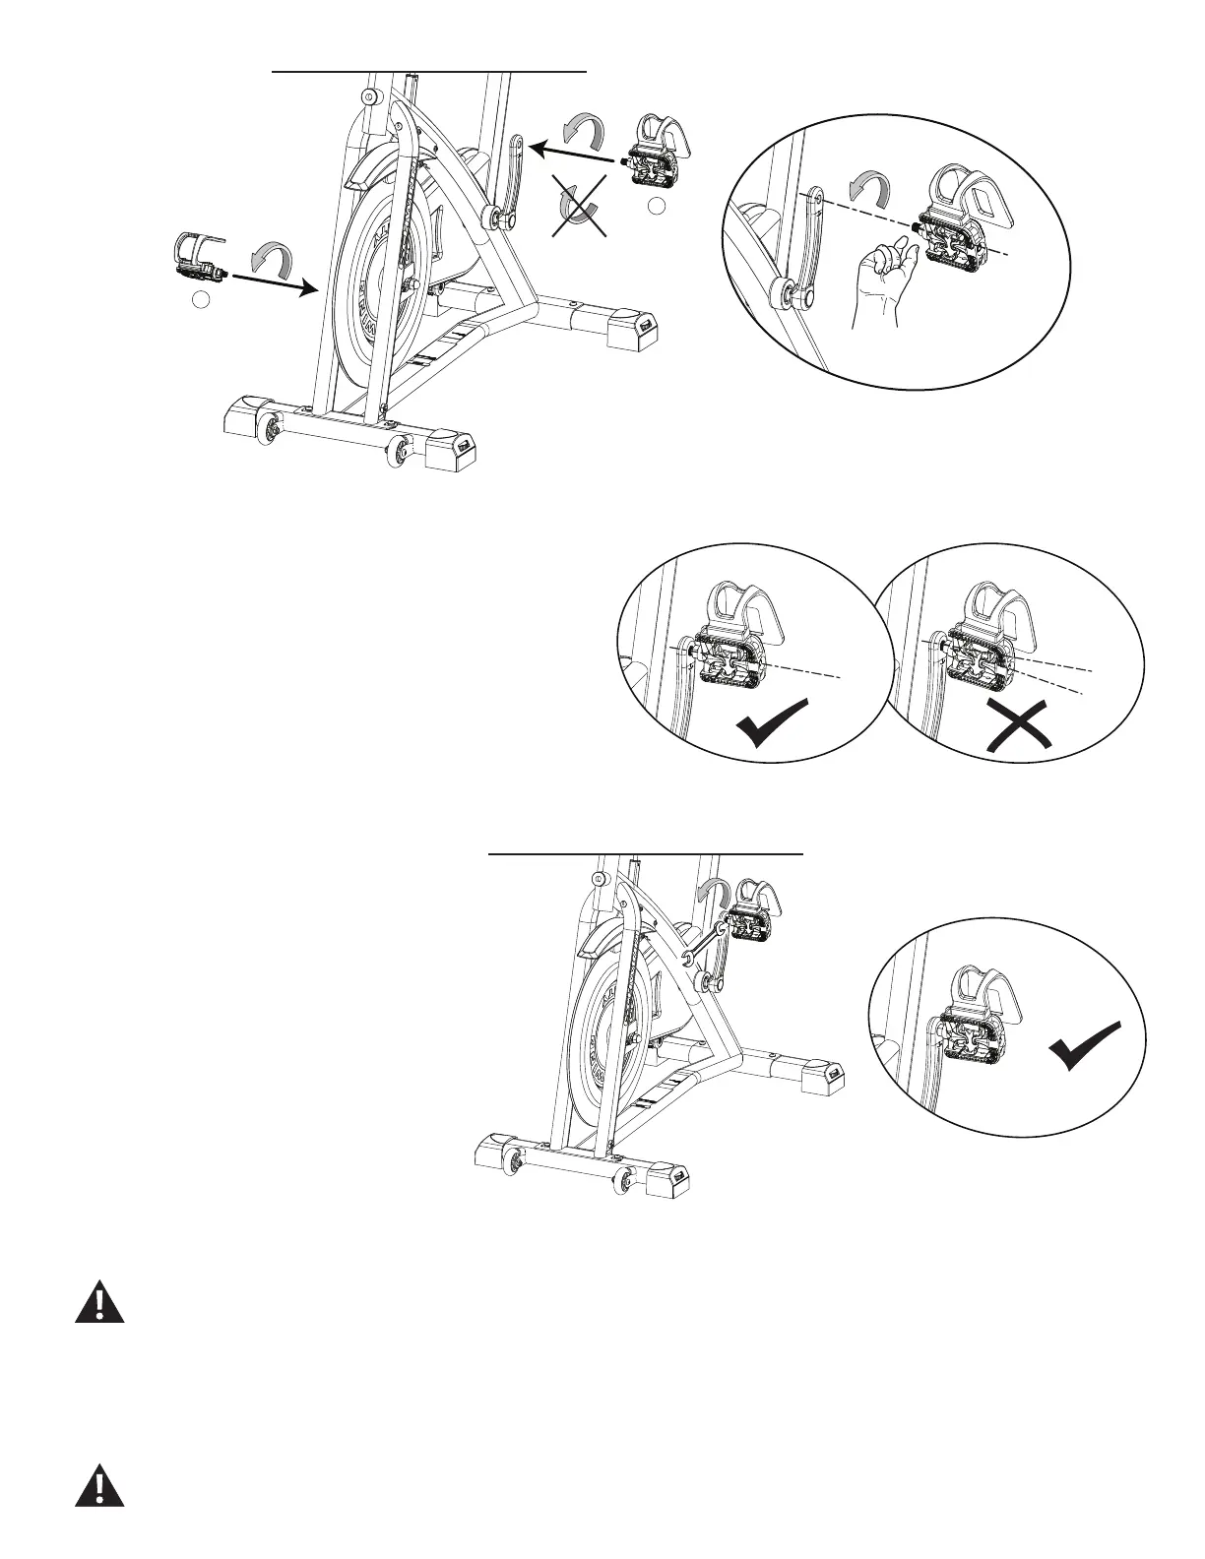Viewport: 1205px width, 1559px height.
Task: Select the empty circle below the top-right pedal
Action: point(658,206)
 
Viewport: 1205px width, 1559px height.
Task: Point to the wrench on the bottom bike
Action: point(701,945)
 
